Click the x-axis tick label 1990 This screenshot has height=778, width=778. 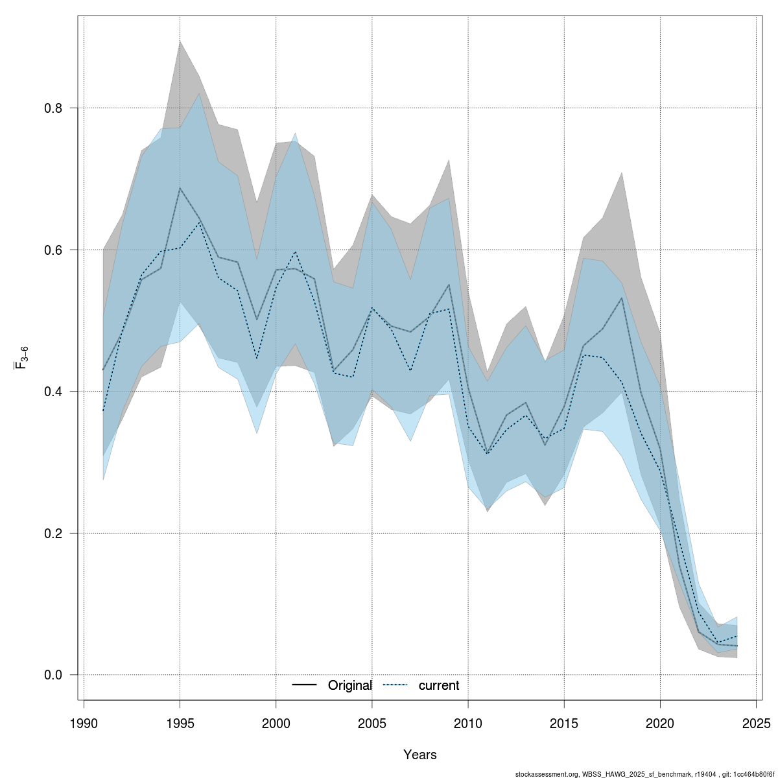84,723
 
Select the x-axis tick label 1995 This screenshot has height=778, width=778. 180,723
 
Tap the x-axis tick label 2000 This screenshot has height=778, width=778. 276,723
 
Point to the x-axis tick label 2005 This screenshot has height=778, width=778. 372,723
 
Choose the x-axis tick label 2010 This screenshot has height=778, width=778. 468,723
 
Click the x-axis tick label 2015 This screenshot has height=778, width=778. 564,723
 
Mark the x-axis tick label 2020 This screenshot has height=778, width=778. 660,723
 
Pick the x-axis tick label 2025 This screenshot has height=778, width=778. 756,723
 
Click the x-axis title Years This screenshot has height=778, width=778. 419,755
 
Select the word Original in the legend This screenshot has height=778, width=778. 349,686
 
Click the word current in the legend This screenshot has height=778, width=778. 438,686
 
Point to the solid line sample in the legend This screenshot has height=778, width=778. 304,685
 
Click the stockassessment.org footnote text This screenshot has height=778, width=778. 645,774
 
